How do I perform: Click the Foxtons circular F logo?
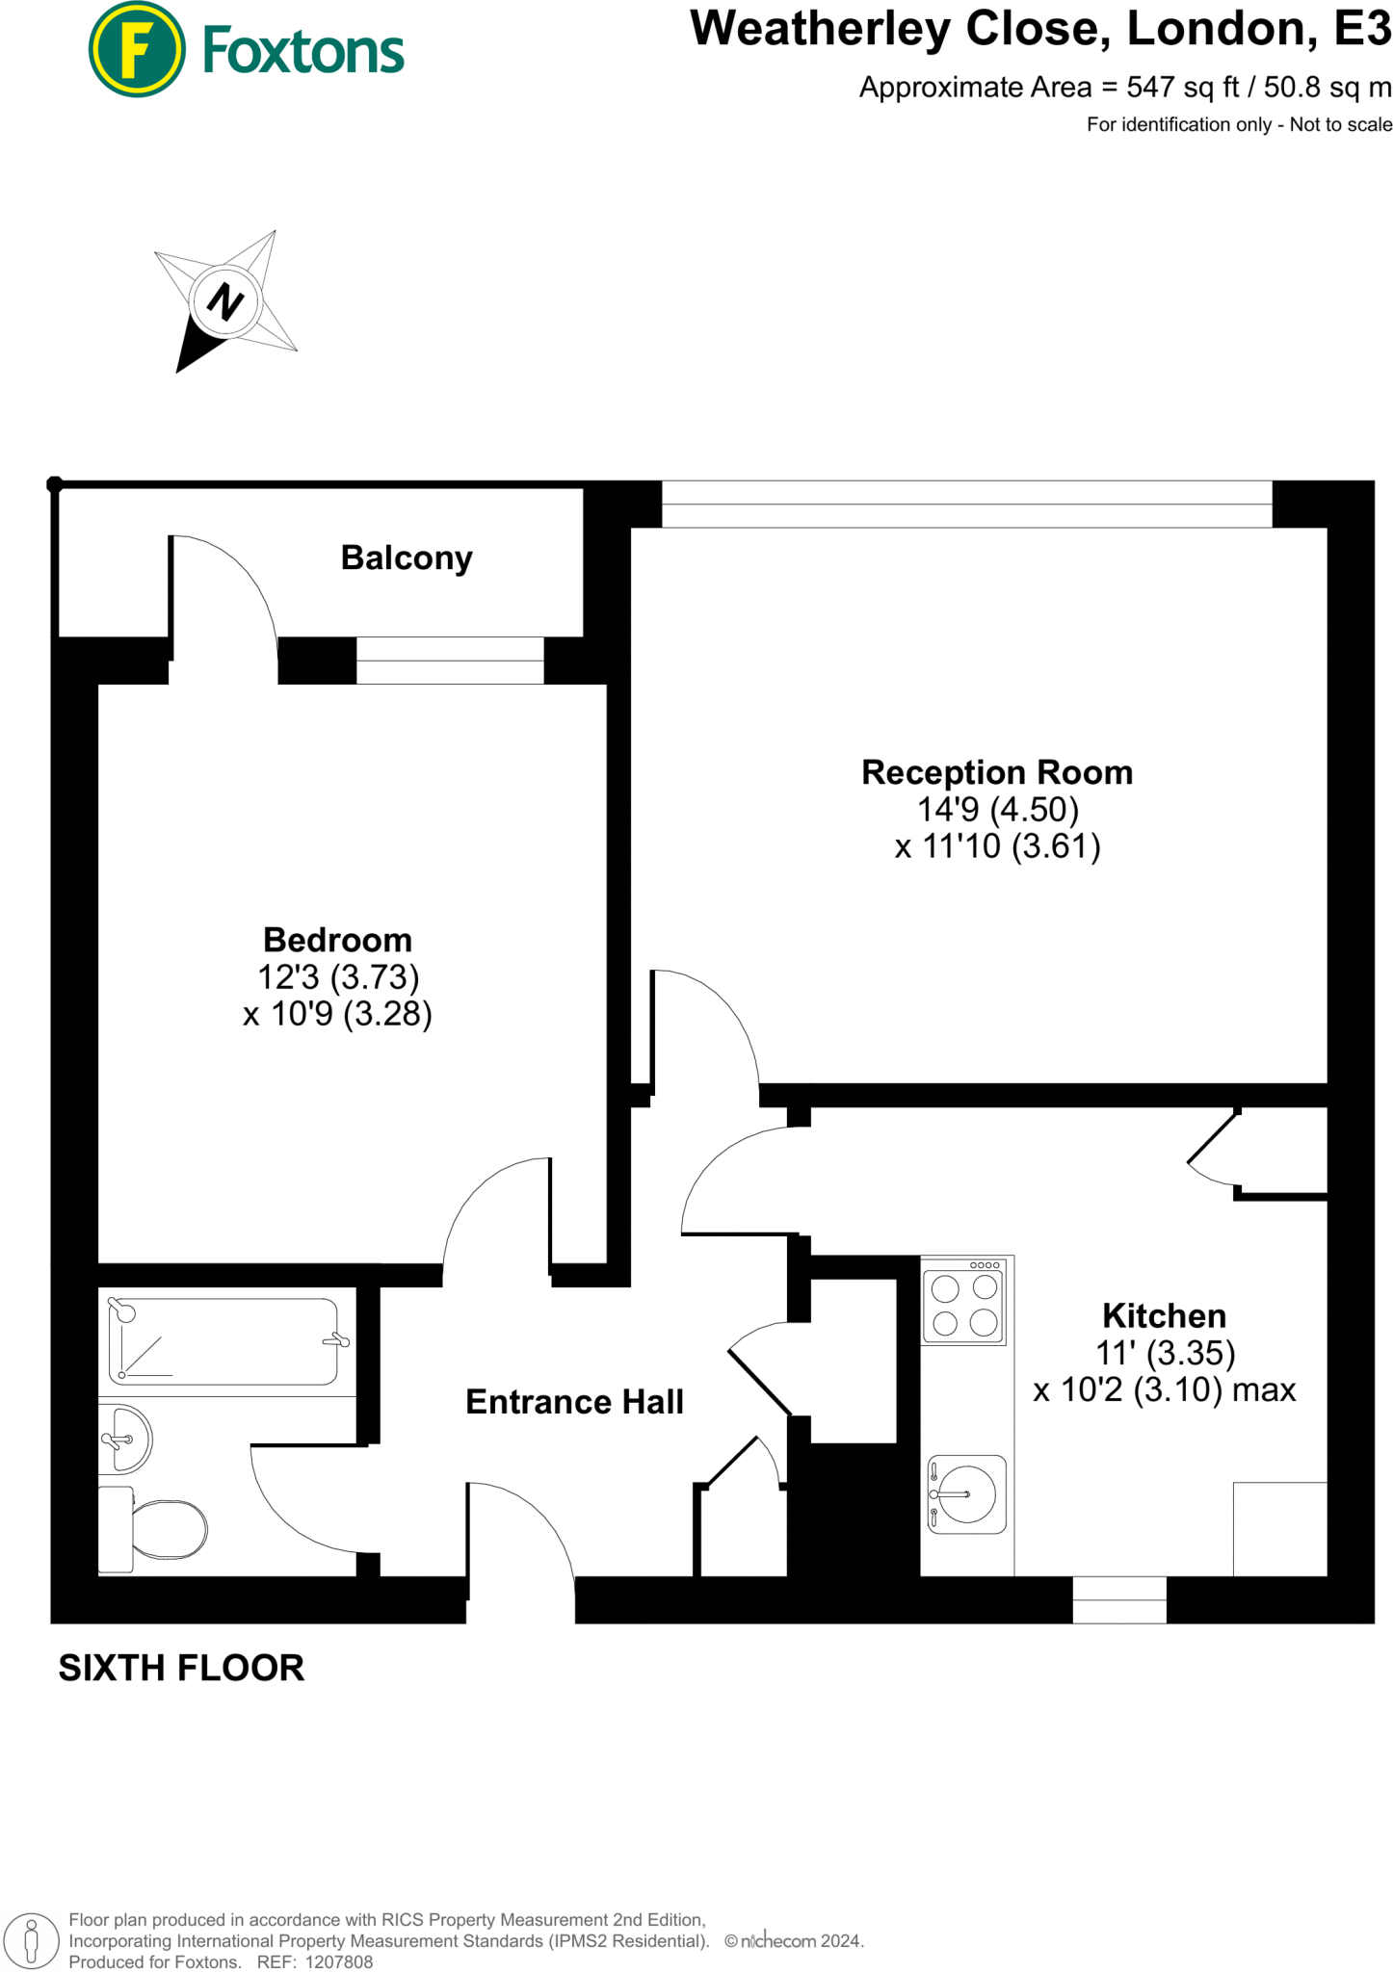(x=136, y=49)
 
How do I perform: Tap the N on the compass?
(x=225, y=301)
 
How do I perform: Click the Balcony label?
(x=407, y=558)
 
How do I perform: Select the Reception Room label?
(x=996, y=772)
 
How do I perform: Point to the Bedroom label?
(x=337, y=940)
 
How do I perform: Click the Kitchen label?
(x=1164, y=1315)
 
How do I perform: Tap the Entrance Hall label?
(x=574, y=1402)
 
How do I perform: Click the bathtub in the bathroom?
(x=224, y=1341)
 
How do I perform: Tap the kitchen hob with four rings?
(x=963, y=1305)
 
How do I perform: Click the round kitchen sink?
(x=967, y=1493)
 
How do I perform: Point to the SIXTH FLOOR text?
(x=181, y=1668)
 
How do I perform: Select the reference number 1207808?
(x=338, y=1961)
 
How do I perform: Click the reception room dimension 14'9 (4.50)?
(x=997, y=809)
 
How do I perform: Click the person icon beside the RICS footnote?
(x=31, y=1940)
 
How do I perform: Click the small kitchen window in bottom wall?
(x=1119, y=1599)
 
